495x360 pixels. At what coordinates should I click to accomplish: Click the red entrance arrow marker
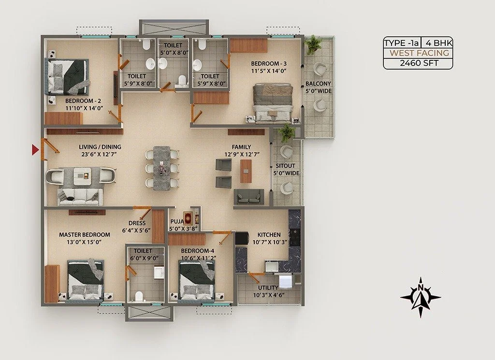pos(35,149)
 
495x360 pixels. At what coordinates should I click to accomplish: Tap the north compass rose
pos(421,297)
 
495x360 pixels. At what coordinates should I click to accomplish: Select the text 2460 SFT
pos(419,63)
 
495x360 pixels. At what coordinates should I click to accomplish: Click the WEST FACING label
pos(419,53)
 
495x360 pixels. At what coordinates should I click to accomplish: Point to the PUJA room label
pos(177,221)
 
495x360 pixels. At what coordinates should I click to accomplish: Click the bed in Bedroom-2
pos(67,77)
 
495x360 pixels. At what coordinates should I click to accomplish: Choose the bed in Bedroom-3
pos(272,102)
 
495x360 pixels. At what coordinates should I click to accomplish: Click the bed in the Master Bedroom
pos(86,280)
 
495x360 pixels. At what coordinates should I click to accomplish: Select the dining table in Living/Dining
pos(162,168)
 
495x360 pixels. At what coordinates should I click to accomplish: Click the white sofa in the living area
pos(80,196)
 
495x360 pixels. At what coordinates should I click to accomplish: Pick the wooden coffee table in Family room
pos(246,172)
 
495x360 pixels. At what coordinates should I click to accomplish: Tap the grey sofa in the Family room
pos(249,197)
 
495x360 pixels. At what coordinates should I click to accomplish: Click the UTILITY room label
pos(268,288)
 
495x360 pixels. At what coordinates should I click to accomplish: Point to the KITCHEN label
pos(269,235)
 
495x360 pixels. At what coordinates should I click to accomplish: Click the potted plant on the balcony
pos(312,44)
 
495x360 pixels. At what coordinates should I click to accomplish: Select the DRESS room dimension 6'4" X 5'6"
pos(136,230)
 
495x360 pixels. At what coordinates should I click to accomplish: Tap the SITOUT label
pos(285,166)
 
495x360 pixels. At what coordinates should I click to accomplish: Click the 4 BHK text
pos(439,43)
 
